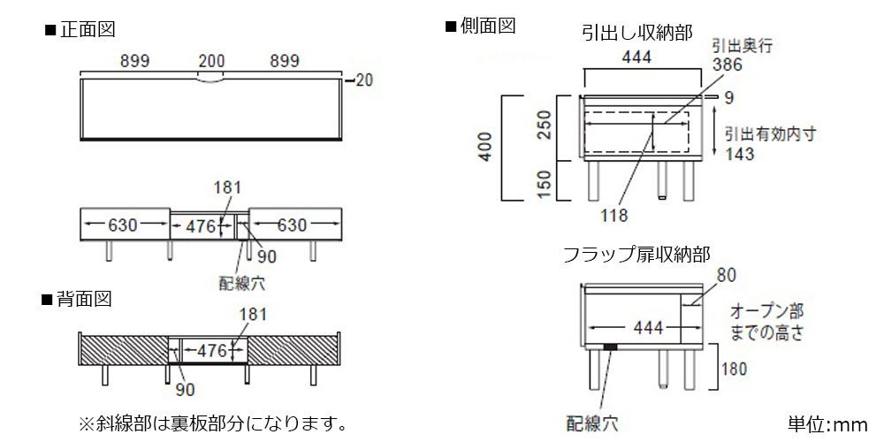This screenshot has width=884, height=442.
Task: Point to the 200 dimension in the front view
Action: tap(211, 61)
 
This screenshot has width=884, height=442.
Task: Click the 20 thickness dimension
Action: tap(364, 80)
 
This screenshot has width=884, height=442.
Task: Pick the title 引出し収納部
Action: tap(637, 33)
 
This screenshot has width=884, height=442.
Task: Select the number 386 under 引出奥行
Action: tap(728, 65)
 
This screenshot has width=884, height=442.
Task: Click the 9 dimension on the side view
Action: tap(729, 99)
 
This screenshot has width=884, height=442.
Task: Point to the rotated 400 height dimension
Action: tap(486, 147)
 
